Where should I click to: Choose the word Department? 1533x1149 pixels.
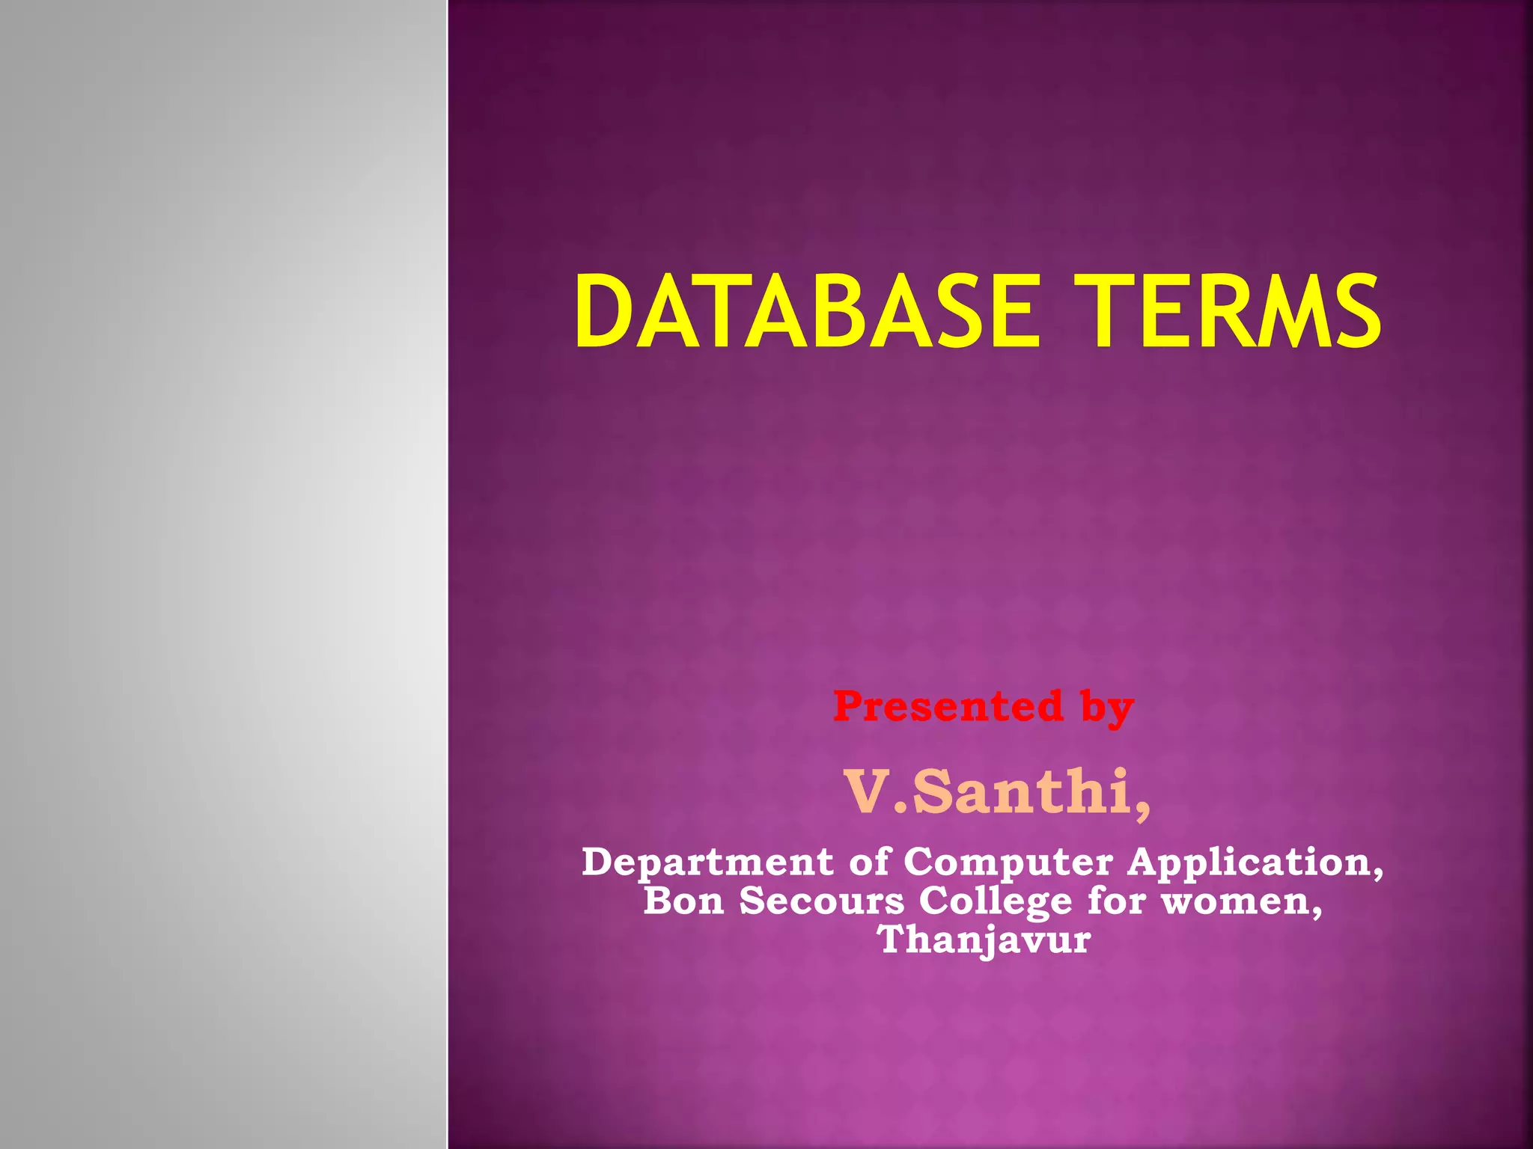click(707, 862)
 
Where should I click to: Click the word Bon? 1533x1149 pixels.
click(683, 901)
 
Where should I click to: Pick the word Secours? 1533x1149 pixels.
click(822, 901)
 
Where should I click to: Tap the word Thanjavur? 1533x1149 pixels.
click(984, 940)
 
